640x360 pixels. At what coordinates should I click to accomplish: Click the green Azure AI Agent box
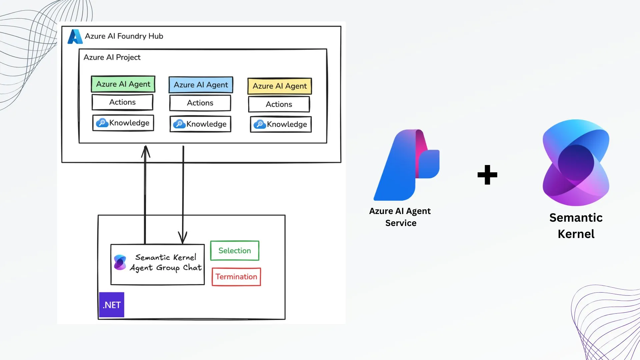tap(123, 84)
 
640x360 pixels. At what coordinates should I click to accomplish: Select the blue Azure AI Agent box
tap(201, 85)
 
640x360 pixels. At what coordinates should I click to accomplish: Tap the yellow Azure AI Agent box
tap(279, 86)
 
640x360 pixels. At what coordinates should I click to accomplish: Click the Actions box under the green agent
tap(122, 102)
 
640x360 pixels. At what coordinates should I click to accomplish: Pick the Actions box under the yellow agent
tap(279, 104)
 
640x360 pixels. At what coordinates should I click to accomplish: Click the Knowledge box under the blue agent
tap(200, 124)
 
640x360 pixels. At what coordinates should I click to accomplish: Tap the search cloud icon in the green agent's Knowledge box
tap(102, 123)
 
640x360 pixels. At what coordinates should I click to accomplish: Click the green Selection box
tap(235, 251)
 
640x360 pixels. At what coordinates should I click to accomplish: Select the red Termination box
tap(236, 277)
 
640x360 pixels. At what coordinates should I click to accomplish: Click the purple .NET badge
tap(112, 305)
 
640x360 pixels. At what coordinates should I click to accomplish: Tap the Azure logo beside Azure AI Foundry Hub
tap(75, 37)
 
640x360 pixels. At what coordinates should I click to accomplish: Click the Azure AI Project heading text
tap(112, 57)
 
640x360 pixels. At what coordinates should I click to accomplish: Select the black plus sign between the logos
tap(487, 175)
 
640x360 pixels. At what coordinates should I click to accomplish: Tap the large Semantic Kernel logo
tap(576, 163)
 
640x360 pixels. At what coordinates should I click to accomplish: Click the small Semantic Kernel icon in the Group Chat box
tap(120, 262)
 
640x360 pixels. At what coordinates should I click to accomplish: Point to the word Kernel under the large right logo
tap(576, 234)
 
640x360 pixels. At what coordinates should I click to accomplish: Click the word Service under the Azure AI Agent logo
tap(401, 223)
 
